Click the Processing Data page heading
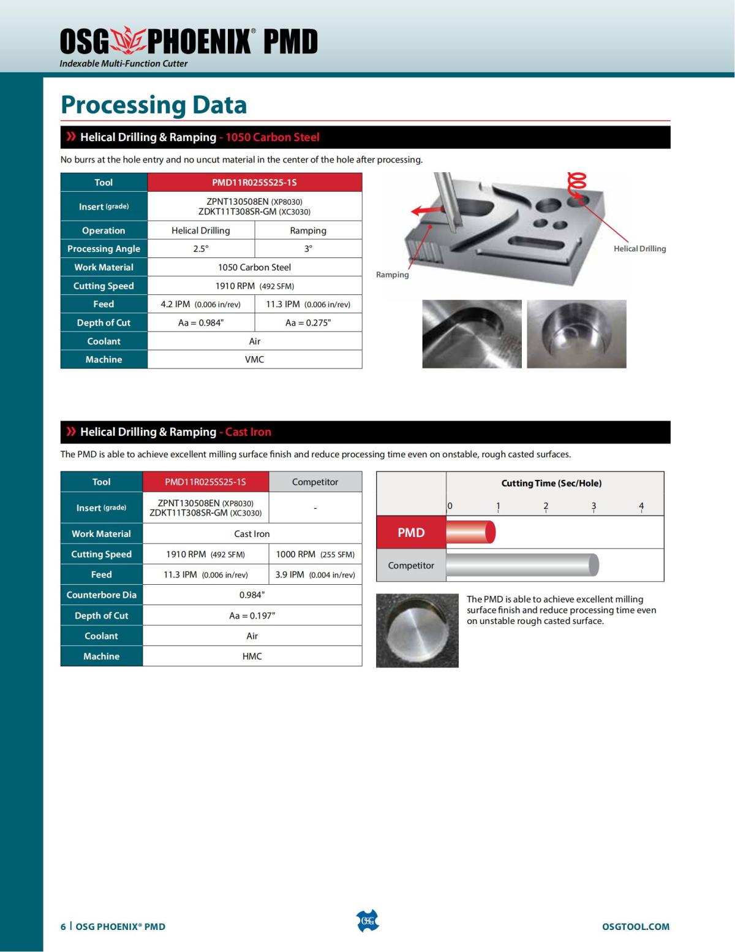click(x=154, y=105)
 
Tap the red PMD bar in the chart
click(x=470, y=532)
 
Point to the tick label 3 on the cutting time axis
click(x=594, y=506)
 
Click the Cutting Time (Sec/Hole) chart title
click(x=551, y=483)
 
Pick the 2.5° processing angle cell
click(x=201, y=248)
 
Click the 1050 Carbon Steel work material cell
click(x=254, y=267)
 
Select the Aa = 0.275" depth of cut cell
click(x=308, y=322)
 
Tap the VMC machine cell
click(x=254, y=359)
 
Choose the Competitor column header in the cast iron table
click(x=315, y=482)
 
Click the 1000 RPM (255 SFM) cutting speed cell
click(x=315, y=554)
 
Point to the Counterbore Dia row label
click(x=102, y=595)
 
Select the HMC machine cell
click(x=252, y=656)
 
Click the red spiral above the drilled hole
click(x=577, y=183)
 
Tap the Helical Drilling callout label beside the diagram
click(x=639, y=248)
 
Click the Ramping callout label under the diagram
click(x=392, y=275)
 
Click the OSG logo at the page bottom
click(x=367, y=921)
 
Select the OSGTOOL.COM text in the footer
click(x=635, y=926)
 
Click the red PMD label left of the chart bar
click(x=411, y=532)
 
